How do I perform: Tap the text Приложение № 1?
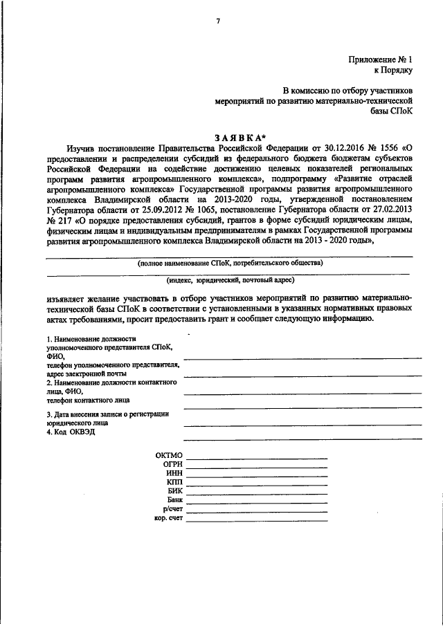tap(380, 59)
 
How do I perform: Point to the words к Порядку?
tap(392, 70)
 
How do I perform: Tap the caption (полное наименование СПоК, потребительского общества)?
tap(229, 263)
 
